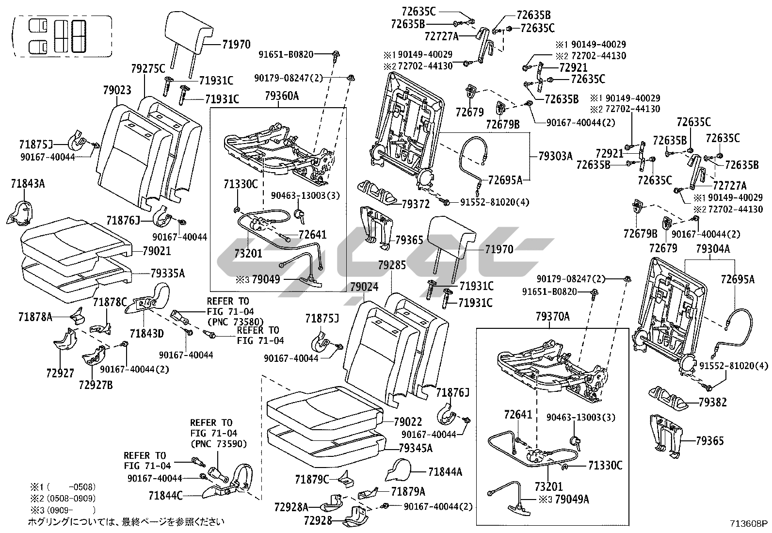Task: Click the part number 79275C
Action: pos(148,68)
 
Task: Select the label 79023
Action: pos(117,90)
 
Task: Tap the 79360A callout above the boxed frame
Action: pos(282,97)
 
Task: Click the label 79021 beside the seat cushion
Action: pos(157,251)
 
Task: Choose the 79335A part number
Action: pos(167,274)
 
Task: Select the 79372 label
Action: pos(416,205)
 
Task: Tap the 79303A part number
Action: pos(555,156)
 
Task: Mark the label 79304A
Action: pos(712,249)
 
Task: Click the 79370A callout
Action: pos(552,317)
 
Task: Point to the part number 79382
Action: pos(712,403)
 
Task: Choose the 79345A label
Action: pos(415,448)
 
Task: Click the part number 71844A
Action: pos(445,471)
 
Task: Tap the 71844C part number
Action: pos(165,496)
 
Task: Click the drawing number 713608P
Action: pos(749,524)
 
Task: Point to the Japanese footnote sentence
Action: pos(126,522)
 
